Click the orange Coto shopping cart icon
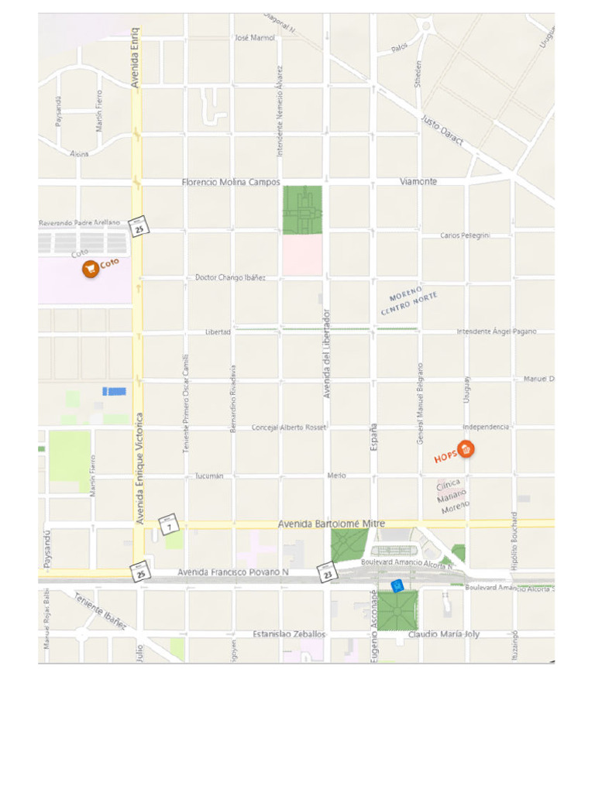pos(91,269)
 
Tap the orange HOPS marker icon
pos(466,448)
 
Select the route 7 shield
pos(170,524)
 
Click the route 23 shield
pos(328,573)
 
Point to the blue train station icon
pos(397,585)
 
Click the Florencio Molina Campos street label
pos(231,182)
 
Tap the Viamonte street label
pos(418,181)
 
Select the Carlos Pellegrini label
pos(465,235)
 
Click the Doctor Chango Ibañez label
pos(230,277)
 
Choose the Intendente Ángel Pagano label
pos(496,331)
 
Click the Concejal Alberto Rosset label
pos(289,427)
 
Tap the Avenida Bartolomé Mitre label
pos(331,524)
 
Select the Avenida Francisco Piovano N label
pos(232,572)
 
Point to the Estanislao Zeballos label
pos(289,634)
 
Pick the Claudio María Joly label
pos(443,634)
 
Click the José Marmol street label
pos(255,38)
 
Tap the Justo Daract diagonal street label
pos(442,130)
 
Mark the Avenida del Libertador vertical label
pos(327,353)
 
